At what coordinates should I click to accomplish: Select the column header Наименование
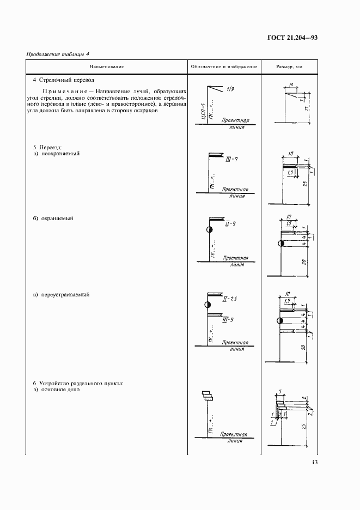107,66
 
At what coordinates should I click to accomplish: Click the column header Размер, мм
289,66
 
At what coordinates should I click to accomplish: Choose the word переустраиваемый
65,295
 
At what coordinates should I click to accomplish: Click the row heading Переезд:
51,147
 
